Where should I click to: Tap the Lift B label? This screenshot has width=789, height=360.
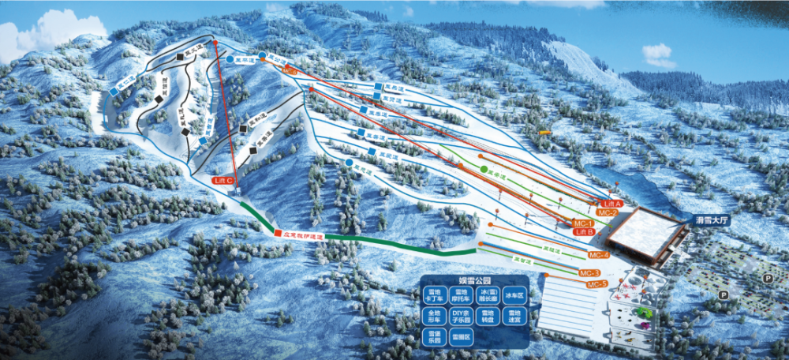point(584,232)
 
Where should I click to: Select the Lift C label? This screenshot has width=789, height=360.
point(223,181)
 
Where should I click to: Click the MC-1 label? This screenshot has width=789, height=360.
point(584,223)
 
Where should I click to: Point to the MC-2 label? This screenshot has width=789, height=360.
point(607,212)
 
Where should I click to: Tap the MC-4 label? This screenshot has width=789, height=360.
point(599,255)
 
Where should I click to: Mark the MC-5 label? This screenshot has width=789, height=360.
point(596,283)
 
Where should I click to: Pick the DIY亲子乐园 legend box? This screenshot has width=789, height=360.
point(461,317)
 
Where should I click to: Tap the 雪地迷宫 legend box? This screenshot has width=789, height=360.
point(514,317)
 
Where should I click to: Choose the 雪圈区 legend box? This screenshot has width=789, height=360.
point(461,337)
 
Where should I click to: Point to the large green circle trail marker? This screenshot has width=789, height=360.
point(484,169)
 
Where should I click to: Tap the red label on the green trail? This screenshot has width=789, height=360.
point(300,234)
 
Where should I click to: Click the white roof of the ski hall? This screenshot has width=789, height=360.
point(647,231)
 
